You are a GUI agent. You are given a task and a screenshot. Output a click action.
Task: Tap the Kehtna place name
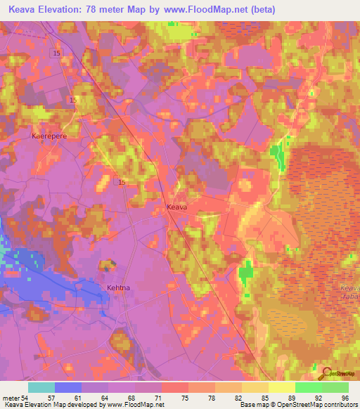pyautogui.click(x=120, y=288)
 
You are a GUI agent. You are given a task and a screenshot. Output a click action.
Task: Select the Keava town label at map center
pyautogui.click(x=177, y=207)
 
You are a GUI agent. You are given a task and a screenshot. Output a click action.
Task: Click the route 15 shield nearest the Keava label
pyautogui.click(x=122, y=183)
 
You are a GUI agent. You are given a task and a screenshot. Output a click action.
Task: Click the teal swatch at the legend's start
pyautogui.click(x=41, y=387)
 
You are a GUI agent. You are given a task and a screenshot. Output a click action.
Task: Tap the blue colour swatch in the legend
pyautogui.click(x=68, y=387)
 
